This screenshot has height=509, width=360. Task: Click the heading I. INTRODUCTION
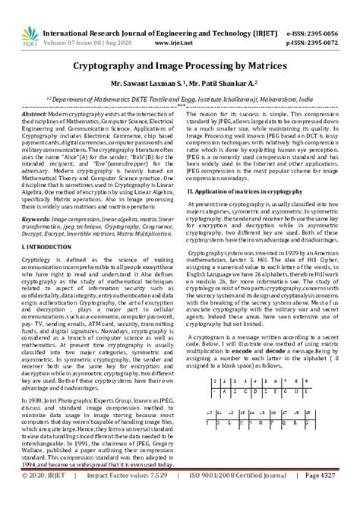point(48,248)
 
